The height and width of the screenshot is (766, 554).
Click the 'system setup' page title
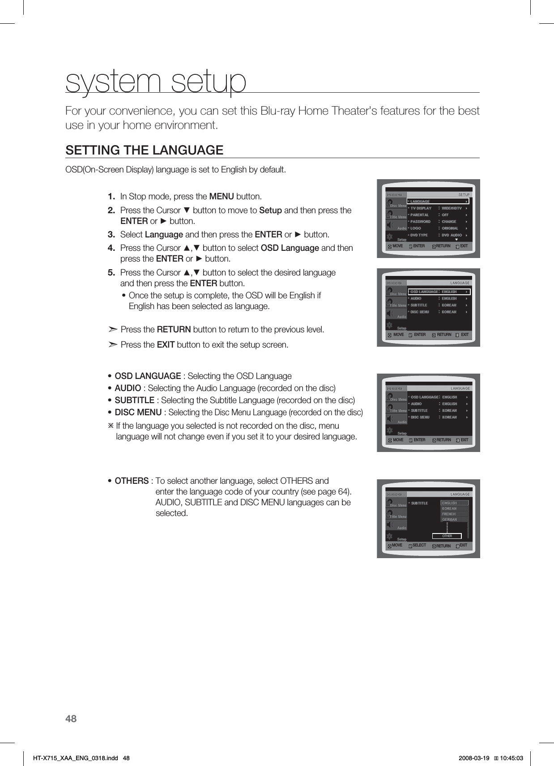156,81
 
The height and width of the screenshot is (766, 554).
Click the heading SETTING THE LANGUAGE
144,150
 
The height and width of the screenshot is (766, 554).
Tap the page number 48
71,719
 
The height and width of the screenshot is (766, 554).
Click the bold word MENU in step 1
222,197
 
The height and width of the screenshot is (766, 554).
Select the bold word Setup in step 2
270,211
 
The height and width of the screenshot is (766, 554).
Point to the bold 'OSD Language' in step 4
290,248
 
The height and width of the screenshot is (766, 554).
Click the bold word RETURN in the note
174,330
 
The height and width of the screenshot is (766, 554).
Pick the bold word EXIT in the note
166,345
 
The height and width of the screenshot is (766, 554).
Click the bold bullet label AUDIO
128,388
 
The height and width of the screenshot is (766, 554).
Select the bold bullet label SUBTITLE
134,400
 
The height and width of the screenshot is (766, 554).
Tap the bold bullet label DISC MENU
138,412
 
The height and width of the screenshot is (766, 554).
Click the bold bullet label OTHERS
132,481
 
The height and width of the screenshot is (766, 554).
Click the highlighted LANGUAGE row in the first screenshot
438,202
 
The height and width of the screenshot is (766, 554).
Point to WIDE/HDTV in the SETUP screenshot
452,208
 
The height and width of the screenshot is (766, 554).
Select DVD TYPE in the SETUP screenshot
419,235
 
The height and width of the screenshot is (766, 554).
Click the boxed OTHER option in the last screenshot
447,536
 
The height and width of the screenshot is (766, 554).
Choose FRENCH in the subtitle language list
449,514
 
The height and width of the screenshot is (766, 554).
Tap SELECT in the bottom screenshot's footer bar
419,546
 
